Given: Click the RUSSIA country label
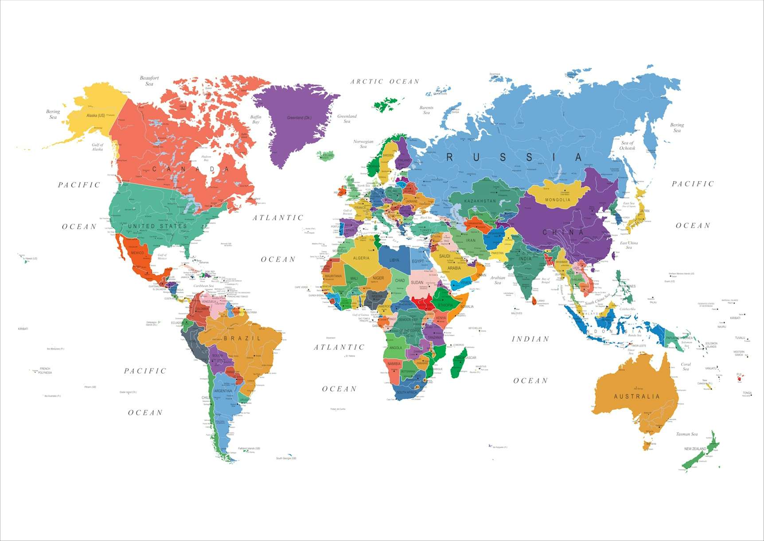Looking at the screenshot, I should (x=514, y=157).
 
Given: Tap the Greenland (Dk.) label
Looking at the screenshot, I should (x=299, y=118).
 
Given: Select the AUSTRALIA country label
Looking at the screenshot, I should (x=637, y=396).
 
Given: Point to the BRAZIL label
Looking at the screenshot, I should (x=242, y=338).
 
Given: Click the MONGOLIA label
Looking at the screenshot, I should (x=557, y=200).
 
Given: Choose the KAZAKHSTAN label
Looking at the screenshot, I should (x=480, y=201).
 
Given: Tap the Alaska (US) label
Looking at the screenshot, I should (x=96, y=116).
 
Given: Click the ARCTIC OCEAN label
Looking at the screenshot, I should (x=385, y=82).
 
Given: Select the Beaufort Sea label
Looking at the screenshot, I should (x=149, y=81).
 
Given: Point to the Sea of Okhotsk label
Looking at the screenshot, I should (x=627, y=145).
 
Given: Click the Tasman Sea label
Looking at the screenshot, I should (x=686, y=434).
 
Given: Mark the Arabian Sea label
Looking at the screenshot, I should (x=498, y=280).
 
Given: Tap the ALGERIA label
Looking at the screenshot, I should (x=361, y=258).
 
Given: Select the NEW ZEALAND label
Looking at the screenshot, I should (x=695, y=449).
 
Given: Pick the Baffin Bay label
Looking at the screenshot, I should (x=256, y=120).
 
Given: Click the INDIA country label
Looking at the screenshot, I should (x=525, y=259).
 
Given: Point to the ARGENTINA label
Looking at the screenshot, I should (x=223, y=391).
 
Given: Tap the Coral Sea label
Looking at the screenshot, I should (x=686, y=367).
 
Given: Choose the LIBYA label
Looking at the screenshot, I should (x=394, y=260).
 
